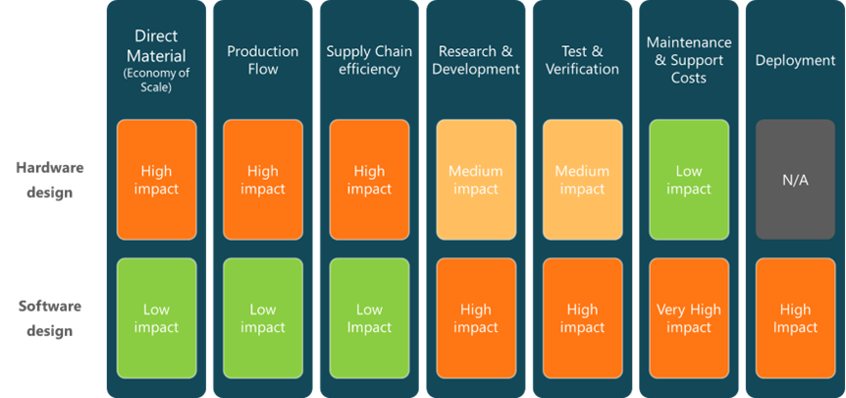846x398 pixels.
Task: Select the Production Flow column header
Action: (x=262, y=60)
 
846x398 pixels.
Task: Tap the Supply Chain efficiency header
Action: (x=369, y=60)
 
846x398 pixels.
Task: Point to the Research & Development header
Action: (x=476, y=60)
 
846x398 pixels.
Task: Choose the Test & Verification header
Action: (x=582, y=60)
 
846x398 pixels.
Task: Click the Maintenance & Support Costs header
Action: (x=689, y=60)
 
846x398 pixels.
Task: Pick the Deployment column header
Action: (x=795, y=60)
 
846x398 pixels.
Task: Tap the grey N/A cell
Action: (x=795, y=180)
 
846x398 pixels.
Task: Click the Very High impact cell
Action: (x=689, y=318)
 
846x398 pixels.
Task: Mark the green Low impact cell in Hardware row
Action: (x=689, y=180)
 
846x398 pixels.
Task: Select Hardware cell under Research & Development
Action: (x=476, y=180)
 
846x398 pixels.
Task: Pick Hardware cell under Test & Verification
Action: (x=582, y=180)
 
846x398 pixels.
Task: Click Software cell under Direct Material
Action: (x=156, y=318)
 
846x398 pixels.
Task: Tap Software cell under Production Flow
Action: (x=262, y=318)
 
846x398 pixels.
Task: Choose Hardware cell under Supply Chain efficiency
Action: (x=369, y=180)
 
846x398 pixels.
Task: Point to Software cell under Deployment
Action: (x=795, y=318)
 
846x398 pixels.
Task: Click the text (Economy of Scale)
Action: (x=156, y=80)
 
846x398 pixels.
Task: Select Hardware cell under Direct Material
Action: (x=156, y=180)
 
